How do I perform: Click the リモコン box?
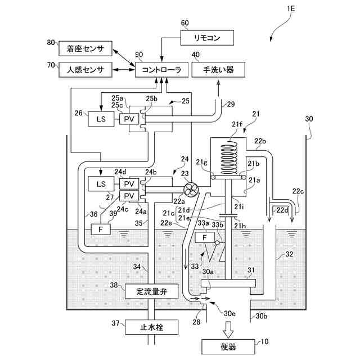[x=206, y=39]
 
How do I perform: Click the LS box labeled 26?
[x=101, y=119]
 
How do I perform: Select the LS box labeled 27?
[x=101, y=184]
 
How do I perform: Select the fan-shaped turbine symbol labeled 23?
[x=190, y=190]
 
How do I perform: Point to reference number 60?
[x=185, y=22]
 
